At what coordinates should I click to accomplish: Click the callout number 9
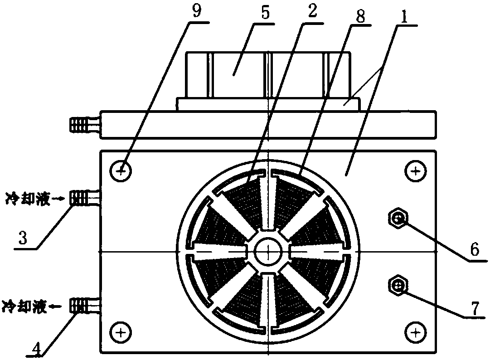[x=196, y=12]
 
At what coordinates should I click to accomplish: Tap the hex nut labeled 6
[x=398, y=220]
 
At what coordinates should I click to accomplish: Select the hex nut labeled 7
[x=398, y=285]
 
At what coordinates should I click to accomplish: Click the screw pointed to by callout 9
[x=121, y=171]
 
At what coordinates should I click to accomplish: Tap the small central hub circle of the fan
[x=268, y=251]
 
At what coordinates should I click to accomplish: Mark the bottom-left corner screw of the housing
[x=121, y=333]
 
